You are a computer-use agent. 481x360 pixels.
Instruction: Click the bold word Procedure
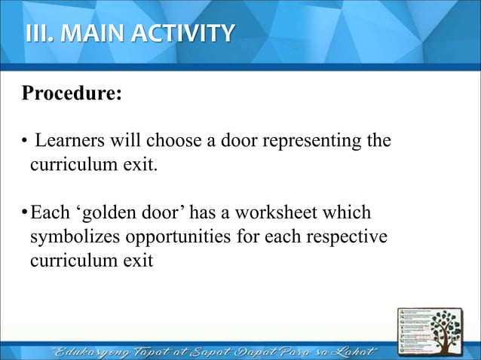click(x=68, y=96)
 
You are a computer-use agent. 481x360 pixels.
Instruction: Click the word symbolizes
click(x=70, y=237)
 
